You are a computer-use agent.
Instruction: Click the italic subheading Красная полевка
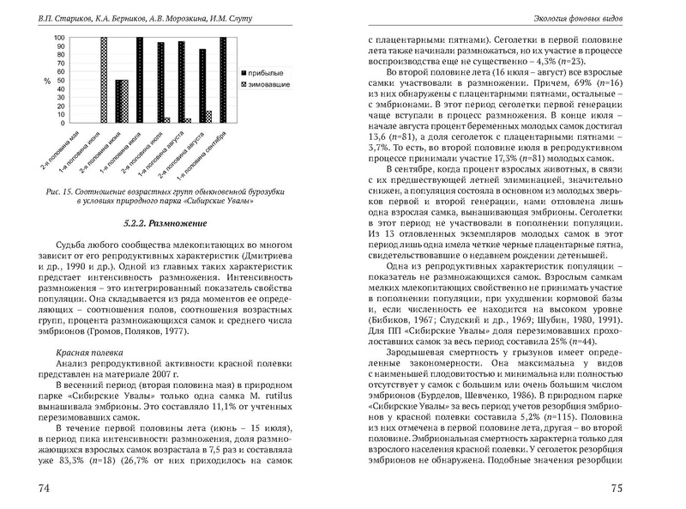[87, 353]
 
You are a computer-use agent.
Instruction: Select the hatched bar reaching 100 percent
[104, 81]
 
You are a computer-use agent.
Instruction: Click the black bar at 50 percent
[119, 102]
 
